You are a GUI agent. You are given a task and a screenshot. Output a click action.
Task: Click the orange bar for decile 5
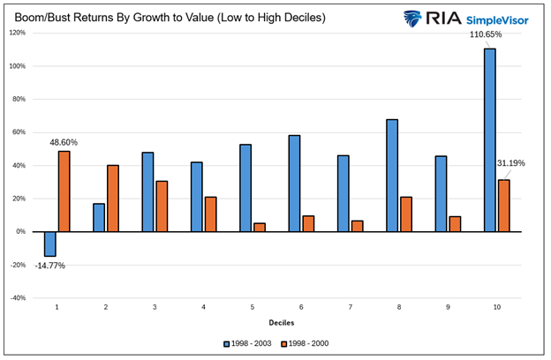pos(260,227)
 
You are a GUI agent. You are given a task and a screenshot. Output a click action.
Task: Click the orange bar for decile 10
pos(503,206)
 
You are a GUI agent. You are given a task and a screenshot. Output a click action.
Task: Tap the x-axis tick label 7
pos(351,308)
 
